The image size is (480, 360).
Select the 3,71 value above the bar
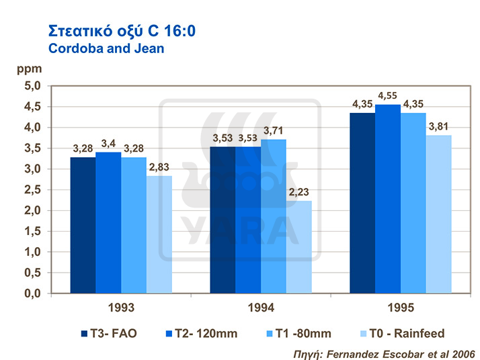tap(273, 130)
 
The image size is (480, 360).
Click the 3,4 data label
tap(108, 143)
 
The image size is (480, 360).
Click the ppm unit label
tap(28, 69)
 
